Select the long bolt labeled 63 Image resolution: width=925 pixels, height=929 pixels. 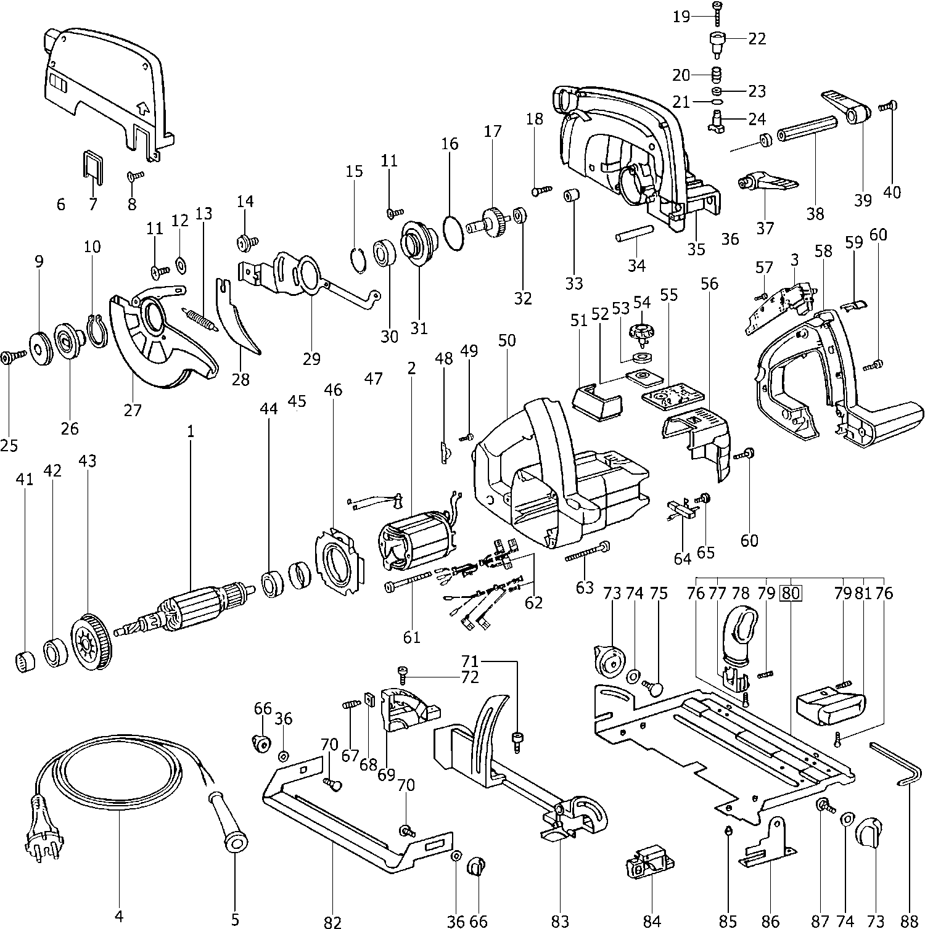pyautogui.click(x=586, y=552)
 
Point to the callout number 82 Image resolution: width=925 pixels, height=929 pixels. pyautogui.click(x=332, y=922)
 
